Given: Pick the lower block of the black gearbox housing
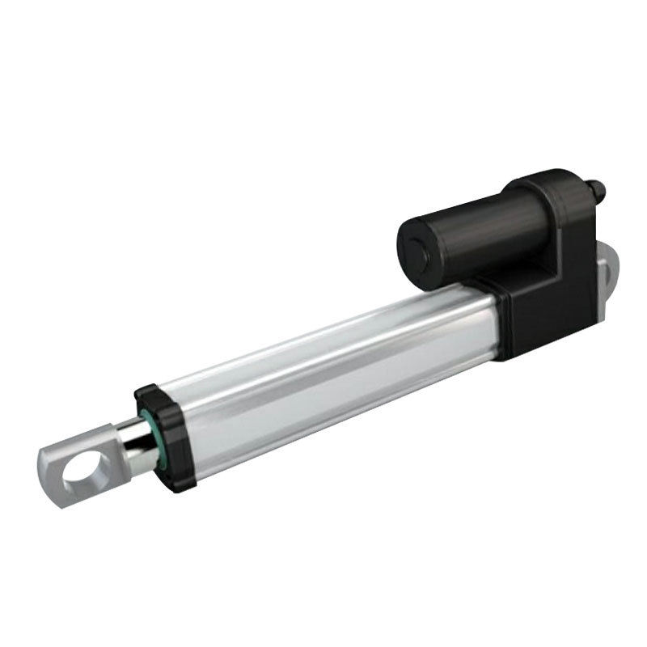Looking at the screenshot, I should coord(558,323).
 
